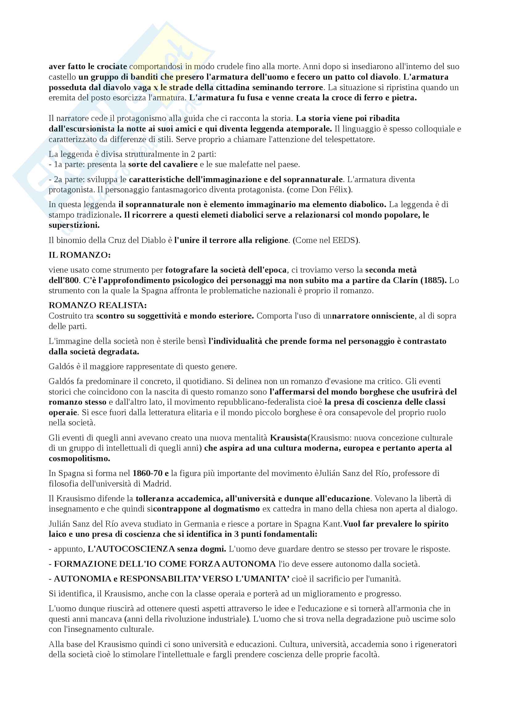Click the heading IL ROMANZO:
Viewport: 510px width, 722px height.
(x=80, y=255)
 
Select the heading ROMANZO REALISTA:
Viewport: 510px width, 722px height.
(x=98, y=305)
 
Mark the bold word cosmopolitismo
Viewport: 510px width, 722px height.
(x=79, y=458)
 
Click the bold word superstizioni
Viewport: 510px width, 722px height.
(x=74, y=225)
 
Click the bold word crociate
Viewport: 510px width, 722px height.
(x=112, y=66)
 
